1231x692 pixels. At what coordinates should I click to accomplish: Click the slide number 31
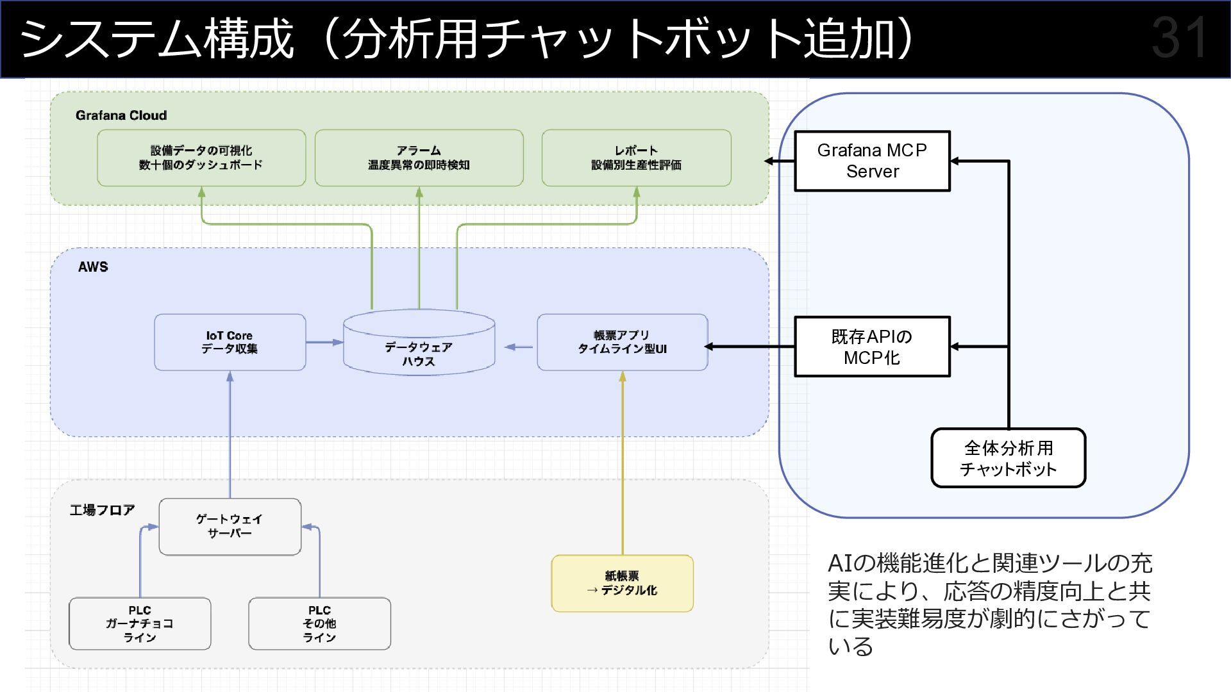1178,38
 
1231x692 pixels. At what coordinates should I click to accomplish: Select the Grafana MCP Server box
872,161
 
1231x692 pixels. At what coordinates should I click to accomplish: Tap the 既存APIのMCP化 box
872,347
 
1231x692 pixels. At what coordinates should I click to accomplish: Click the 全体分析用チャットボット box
1008,458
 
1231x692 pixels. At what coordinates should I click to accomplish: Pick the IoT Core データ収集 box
230,342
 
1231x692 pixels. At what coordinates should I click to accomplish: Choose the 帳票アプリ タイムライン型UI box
622,342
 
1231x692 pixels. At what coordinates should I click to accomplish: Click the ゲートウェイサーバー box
230,526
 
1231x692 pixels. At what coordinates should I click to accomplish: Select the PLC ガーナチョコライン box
140,623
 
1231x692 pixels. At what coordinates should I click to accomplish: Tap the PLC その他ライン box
319,623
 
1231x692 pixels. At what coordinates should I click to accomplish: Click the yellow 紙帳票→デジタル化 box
622,583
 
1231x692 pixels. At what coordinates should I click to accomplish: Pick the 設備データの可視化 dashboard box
201,158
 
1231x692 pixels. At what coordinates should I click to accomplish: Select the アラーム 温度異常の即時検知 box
419,158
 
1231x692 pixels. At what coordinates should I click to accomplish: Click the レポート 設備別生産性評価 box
636,158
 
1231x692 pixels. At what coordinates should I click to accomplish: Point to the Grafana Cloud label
121,115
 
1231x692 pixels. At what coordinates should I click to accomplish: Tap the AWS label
93,267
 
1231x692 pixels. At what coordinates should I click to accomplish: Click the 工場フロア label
103,510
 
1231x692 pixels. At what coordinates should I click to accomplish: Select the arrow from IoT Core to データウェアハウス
324,342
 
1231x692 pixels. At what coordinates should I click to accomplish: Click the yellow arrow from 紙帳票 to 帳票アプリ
622,461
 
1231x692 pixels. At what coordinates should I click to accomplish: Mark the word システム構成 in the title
157,39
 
